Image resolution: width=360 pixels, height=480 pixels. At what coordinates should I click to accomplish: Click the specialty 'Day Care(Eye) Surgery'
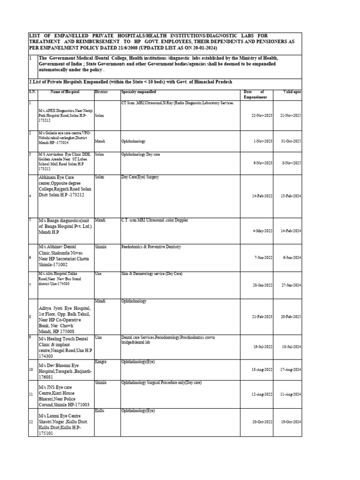coord(140,177)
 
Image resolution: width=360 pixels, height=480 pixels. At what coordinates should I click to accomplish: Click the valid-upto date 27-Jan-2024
coord(291,285)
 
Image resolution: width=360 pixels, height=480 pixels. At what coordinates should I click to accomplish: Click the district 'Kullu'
coord(99,411)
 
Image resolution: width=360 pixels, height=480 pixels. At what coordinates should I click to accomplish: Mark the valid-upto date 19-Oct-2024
coord(291,421)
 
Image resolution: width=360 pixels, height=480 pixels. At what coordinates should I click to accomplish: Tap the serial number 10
coord(31,369)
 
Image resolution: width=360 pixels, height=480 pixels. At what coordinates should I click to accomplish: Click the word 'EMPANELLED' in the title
coord(78,35)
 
